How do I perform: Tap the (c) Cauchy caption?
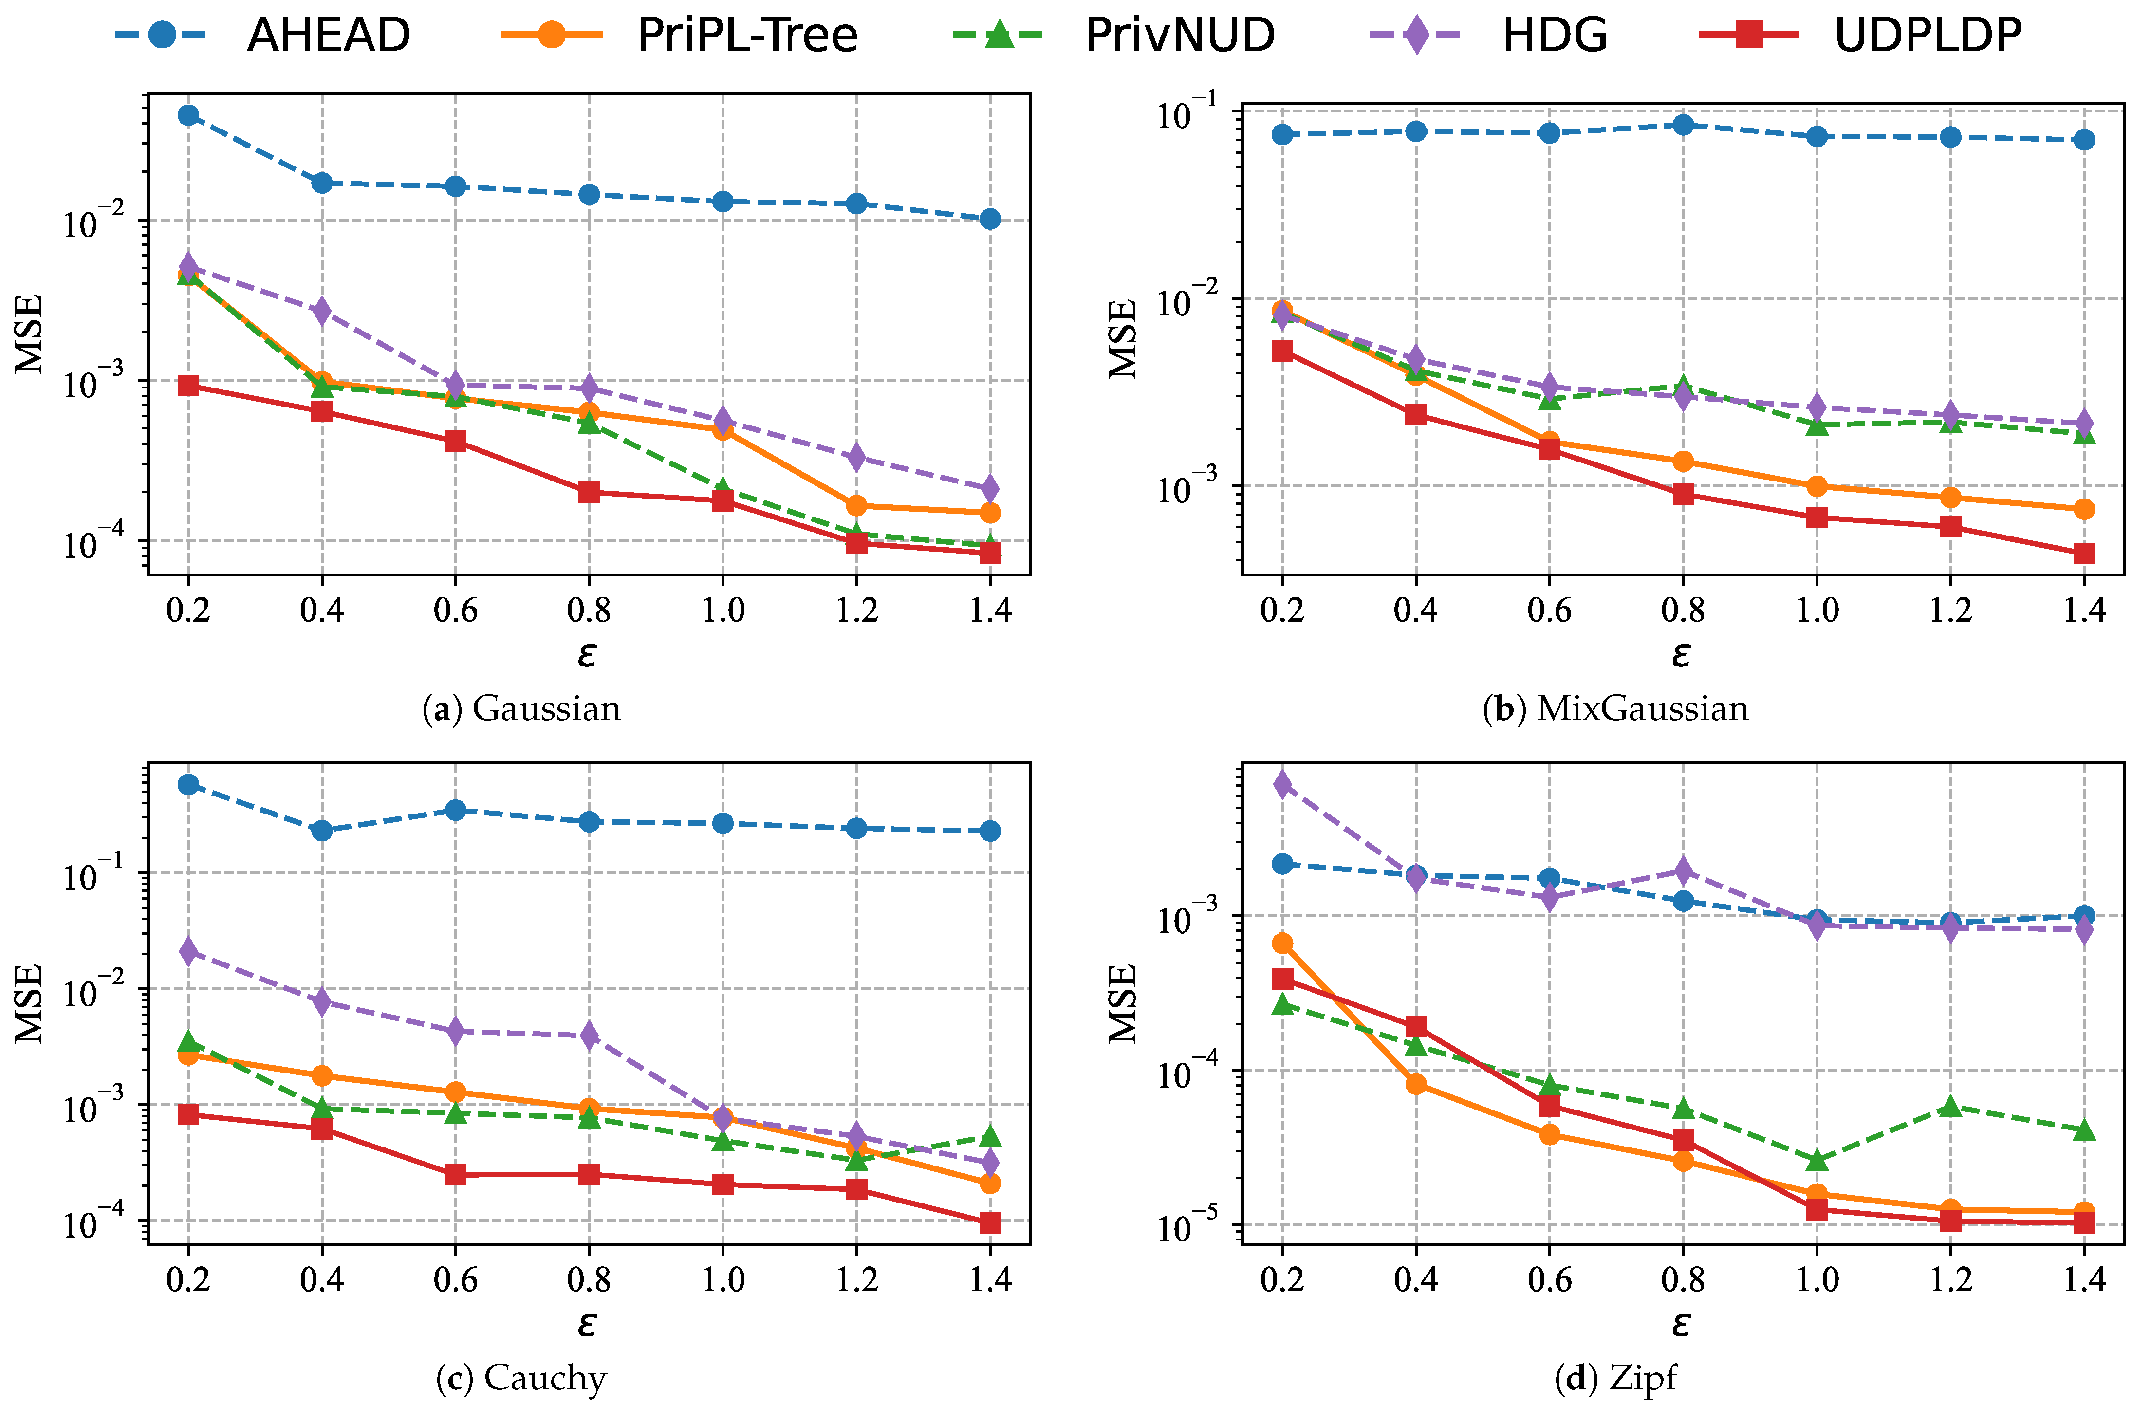[521, 1378]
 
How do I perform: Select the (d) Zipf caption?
[1615, 1378]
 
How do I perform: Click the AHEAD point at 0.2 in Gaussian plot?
[188, 115]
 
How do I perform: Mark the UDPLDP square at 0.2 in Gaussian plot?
[188, 386]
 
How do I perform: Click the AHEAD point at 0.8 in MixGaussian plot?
[1683, 125]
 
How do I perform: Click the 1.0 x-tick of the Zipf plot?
[1817, 1279]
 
